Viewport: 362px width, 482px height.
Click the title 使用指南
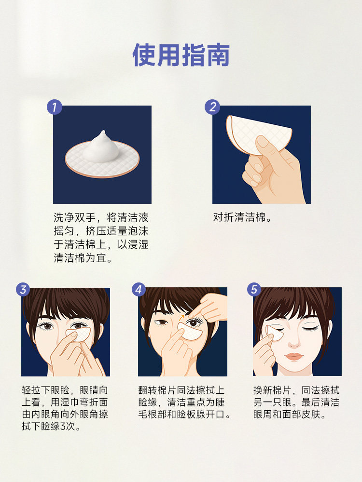tap(181, 55)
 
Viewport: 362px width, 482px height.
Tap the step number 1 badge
tap(55, 107)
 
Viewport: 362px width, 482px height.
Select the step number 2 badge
tap(213, 107)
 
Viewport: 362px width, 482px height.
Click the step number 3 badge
tap(23, 290)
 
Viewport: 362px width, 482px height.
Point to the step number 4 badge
tap(139, 290)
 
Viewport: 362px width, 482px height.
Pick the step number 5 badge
tap(254, 290)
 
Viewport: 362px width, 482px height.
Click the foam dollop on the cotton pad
tap(101, 147)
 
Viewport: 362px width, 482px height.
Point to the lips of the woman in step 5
tap(293, 357)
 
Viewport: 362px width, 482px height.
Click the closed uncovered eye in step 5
tap(311, 328)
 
